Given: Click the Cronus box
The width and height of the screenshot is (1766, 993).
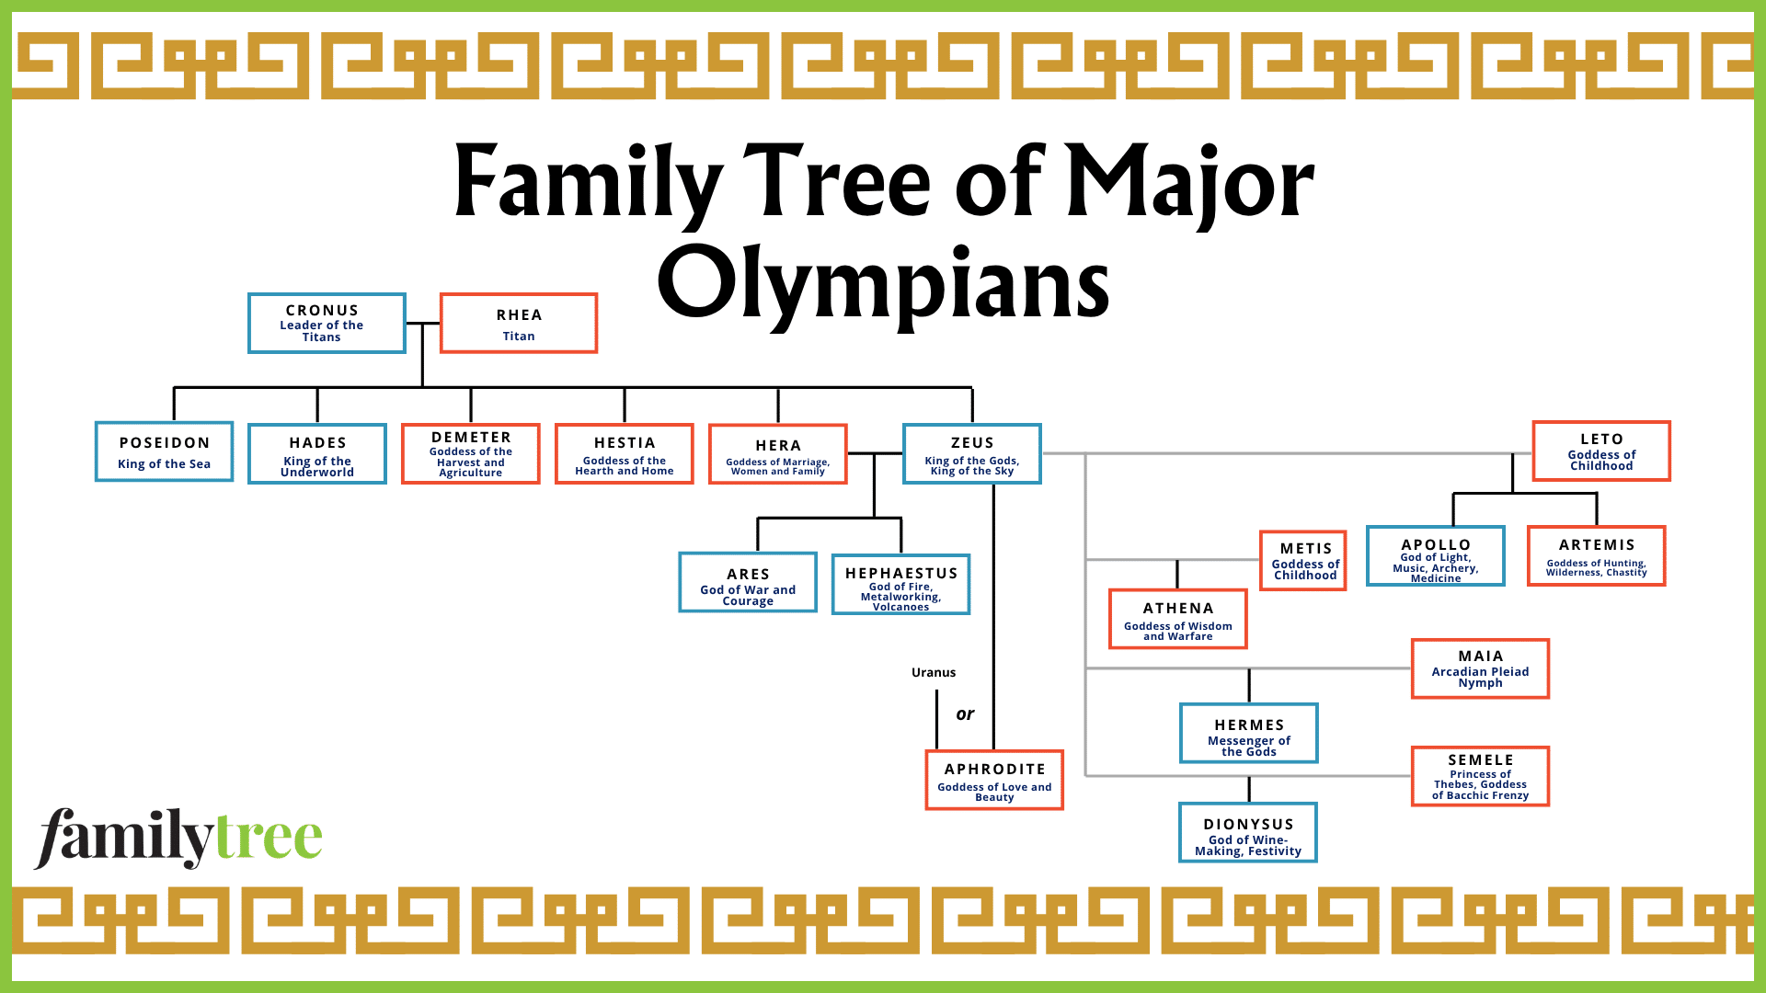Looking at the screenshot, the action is (327, 323).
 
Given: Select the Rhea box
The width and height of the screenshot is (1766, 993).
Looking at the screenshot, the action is (519, 323).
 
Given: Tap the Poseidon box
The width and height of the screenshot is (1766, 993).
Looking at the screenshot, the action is (164, 451).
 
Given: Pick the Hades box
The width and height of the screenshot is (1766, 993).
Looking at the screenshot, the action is (317, 453).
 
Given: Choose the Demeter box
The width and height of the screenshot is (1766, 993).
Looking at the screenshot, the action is (471, 453).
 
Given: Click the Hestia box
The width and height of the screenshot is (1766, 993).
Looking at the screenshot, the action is (625, 453).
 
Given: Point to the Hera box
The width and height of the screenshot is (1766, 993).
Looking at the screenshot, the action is (778, 453).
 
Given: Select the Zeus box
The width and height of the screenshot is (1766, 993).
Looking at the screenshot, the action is (972, 453).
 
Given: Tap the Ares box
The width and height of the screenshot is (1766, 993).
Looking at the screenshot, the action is (748, 582).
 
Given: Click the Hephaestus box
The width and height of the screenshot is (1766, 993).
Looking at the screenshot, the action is (901, 584).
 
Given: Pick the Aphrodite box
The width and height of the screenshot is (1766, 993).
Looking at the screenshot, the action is (994, 780).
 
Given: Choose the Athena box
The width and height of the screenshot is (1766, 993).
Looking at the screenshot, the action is (1178, 619).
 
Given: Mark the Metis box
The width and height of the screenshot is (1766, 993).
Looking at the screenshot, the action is (1303, 561).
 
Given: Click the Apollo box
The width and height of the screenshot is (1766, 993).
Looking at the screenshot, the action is (1436, 556).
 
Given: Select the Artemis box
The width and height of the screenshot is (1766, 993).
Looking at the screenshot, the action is (1597, 556).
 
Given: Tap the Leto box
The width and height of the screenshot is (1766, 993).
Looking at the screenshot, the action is (1601, 451).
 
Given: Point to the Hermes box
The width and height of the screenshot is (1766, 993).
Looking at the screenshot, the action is (1249, 733).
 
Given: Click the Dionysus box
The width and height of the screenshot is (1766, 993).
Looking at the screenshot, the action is (1248, 832).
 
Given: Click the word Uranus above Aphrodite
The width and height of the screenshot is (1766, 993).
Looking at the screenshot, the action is (934, 672).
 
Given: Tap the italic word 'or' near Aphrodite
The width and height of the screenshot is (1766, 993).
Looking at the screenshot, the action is (965, 713).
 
